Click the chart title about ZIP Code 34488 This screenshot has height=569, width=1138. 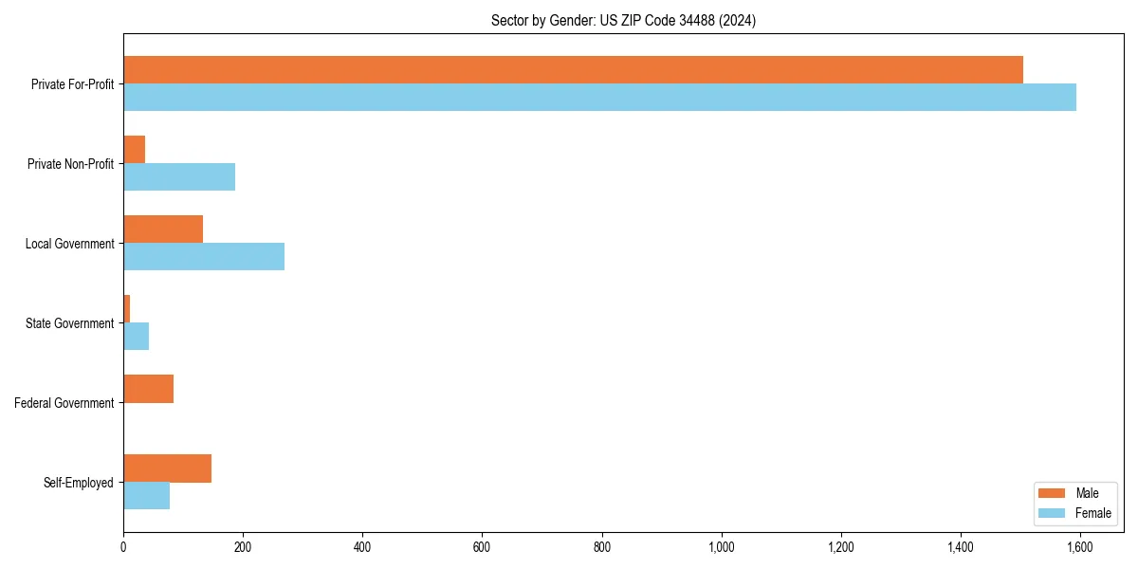click(x=623, y=20)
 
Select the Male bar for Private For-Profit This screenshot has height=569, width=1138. click(x=573, y=70)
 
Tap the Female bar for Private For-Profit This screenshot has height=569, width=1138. click(x=599, y=98)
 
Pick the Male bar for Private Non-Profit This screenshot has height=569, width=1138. click(x=135, y=150)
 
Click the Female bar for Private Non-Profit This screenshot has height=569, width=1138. click(x=179, y=177)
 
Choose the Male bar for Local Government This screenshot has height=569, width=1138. click(x=163, y=229)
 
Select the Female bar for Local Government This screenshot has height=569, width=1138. click(x=204, y=257)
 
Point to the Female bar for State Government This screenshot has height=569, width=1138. click(x=137, y=337)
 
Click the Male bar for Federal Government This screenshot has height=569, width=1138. click(x=149, y=389)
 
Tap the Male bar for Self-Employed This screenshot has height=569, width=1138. click(x=168, y=468)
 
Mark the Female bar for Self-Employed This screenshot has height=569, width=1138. click(x=147, y=496)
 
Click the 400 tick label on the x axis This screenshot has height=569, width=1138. click(x=362, y=547)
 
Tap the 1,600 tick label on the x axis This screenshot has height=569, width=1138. click(x=1080, y=547)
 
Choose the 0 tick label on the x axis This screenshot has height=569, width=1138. click(x=123, y=547)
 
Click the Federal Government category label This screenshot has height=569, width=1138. click(x=64, y=403)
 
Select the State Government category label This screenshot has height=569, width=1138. click(x=70, y=323)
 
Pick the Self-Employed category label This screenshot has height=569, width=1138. click(x=79, y=483)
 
